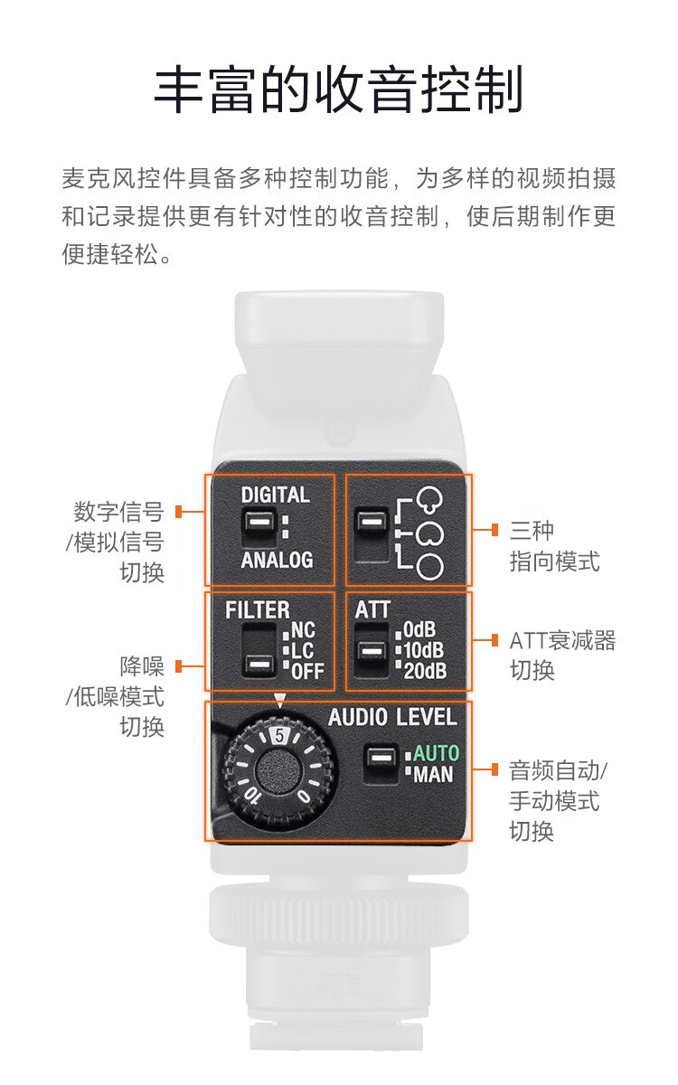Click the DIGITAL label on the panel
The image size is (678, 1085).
tap(276, 495)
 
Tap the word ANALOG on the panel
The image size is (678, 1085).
tap(277, 560)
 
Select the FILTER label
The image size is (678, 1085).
tap(257, 609)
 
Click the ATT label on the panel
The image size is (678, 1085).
tap(372, 609)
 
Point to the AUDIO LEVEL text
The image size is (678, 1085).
tap(392, 717)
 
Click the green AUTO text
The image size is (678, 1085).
tap(436, 753)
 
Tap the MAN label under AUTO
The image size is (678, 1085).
tap(433, 774)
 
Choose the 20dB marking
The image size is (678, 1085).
tap(425, 671)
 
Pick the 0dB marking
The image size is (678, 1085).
tap(419, 629)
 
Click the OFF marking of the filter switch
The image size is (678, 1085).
tap(307, 671)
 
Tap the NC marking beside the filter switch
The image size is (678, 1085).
tap(303, 629)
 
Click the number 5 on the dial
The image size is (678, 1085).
tap(279, 735)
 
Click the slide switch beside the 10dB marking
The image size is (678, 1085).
tap(372, 650)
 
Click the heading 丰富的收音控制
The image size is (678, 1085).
tap(338, 90)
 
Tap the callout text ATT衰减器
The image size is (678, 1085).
tap(562, 640)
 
